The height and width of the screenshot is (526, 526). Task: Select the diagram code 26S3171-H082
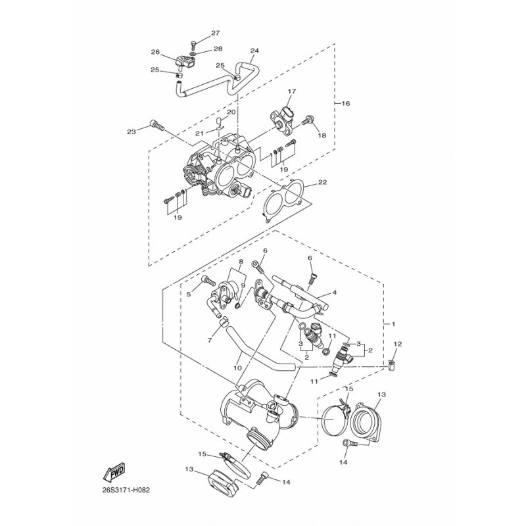tap(126, 490)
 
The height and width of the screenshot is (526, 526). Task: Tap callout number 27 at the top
tap(216, 33)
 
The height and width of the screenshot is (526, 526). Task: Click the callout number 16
tap(346, 103)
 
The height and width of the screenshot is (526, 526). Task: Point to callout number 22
tap(323, 182)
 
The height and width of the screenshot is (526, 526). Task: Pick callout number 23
tap(131, 132)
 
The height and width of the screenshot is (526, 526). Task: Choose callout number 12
tap(398, 344)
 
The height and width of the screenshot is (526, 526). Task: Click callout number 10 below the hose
tap(237, 368)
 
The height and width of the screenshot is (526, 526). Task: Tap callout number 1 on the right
tap(393, 324)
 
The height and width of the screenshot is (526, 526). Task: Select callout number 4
tap(335, 293)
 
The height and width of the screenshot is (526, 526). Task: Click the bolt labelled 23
tap(157, 126)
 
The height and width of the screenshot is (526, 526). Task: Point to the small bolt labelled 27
tap(193, 45)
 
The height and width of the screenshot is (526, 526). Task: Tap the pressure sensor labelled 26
tap(185, 62)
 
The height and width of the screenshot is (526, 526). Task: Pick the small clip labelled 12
tap(391, 365)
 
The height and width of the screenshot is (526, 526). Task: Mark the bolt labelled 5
tap(208, 281)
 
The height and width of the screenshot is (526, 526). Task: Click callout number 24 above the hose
tap(254, 51)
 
